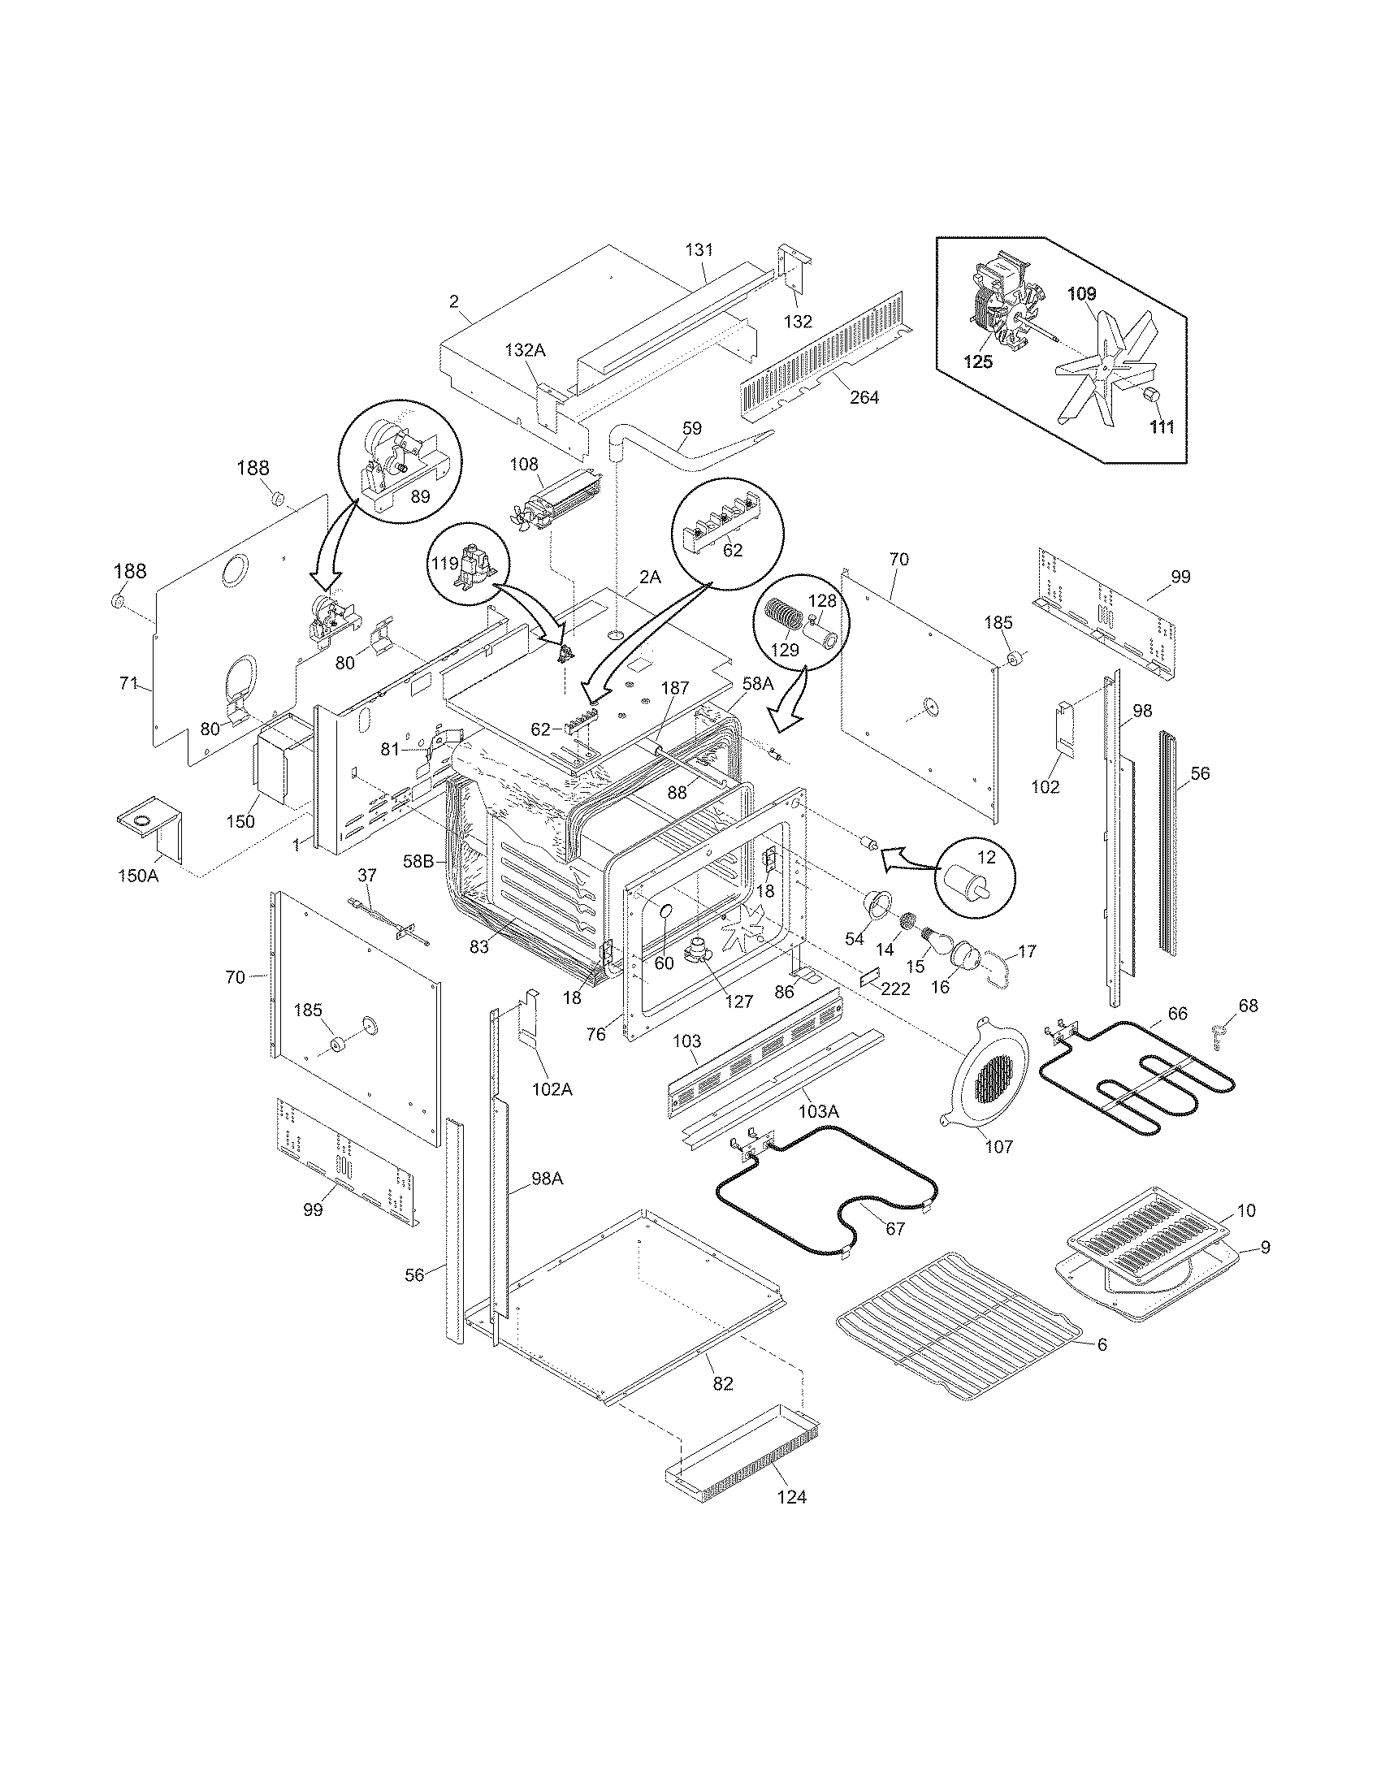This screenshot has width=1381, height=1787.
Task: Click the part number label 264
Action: (x=864, y=397)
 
